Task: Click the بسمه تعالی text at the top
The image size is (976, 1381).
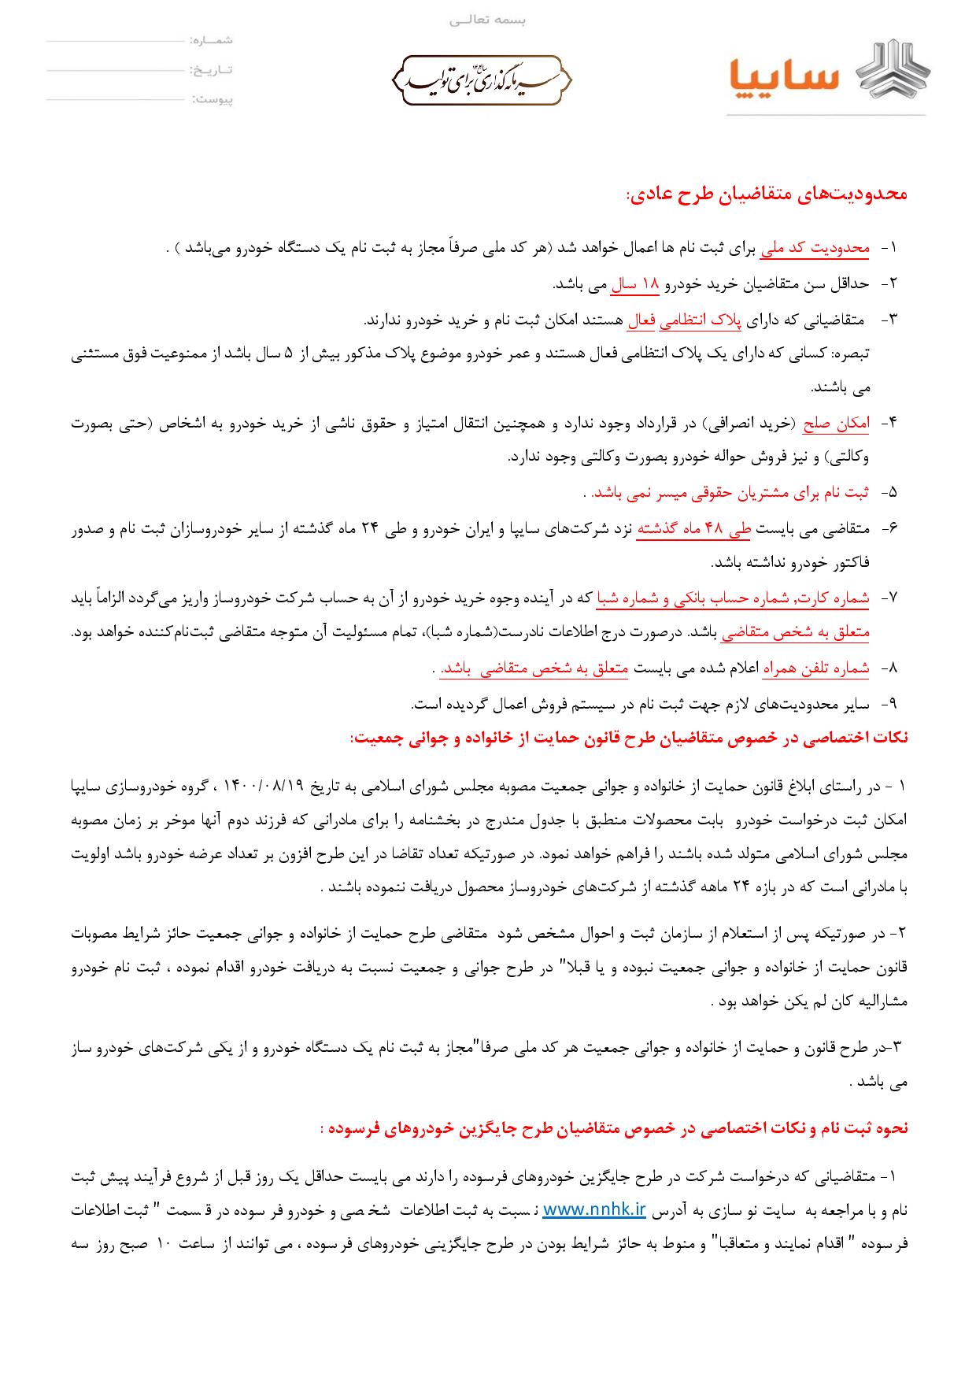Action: pos(488,20)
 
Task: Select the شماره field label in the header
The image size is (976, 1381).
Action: pos(212,39)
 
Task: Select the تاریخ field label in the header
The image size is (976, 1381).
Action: pos(212,70)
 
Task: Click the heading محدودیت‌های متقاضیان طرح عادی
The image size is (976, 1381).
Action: pos(767,194)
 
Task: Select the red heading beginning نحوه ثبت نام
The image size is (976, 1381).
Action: pos(614,1128)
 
